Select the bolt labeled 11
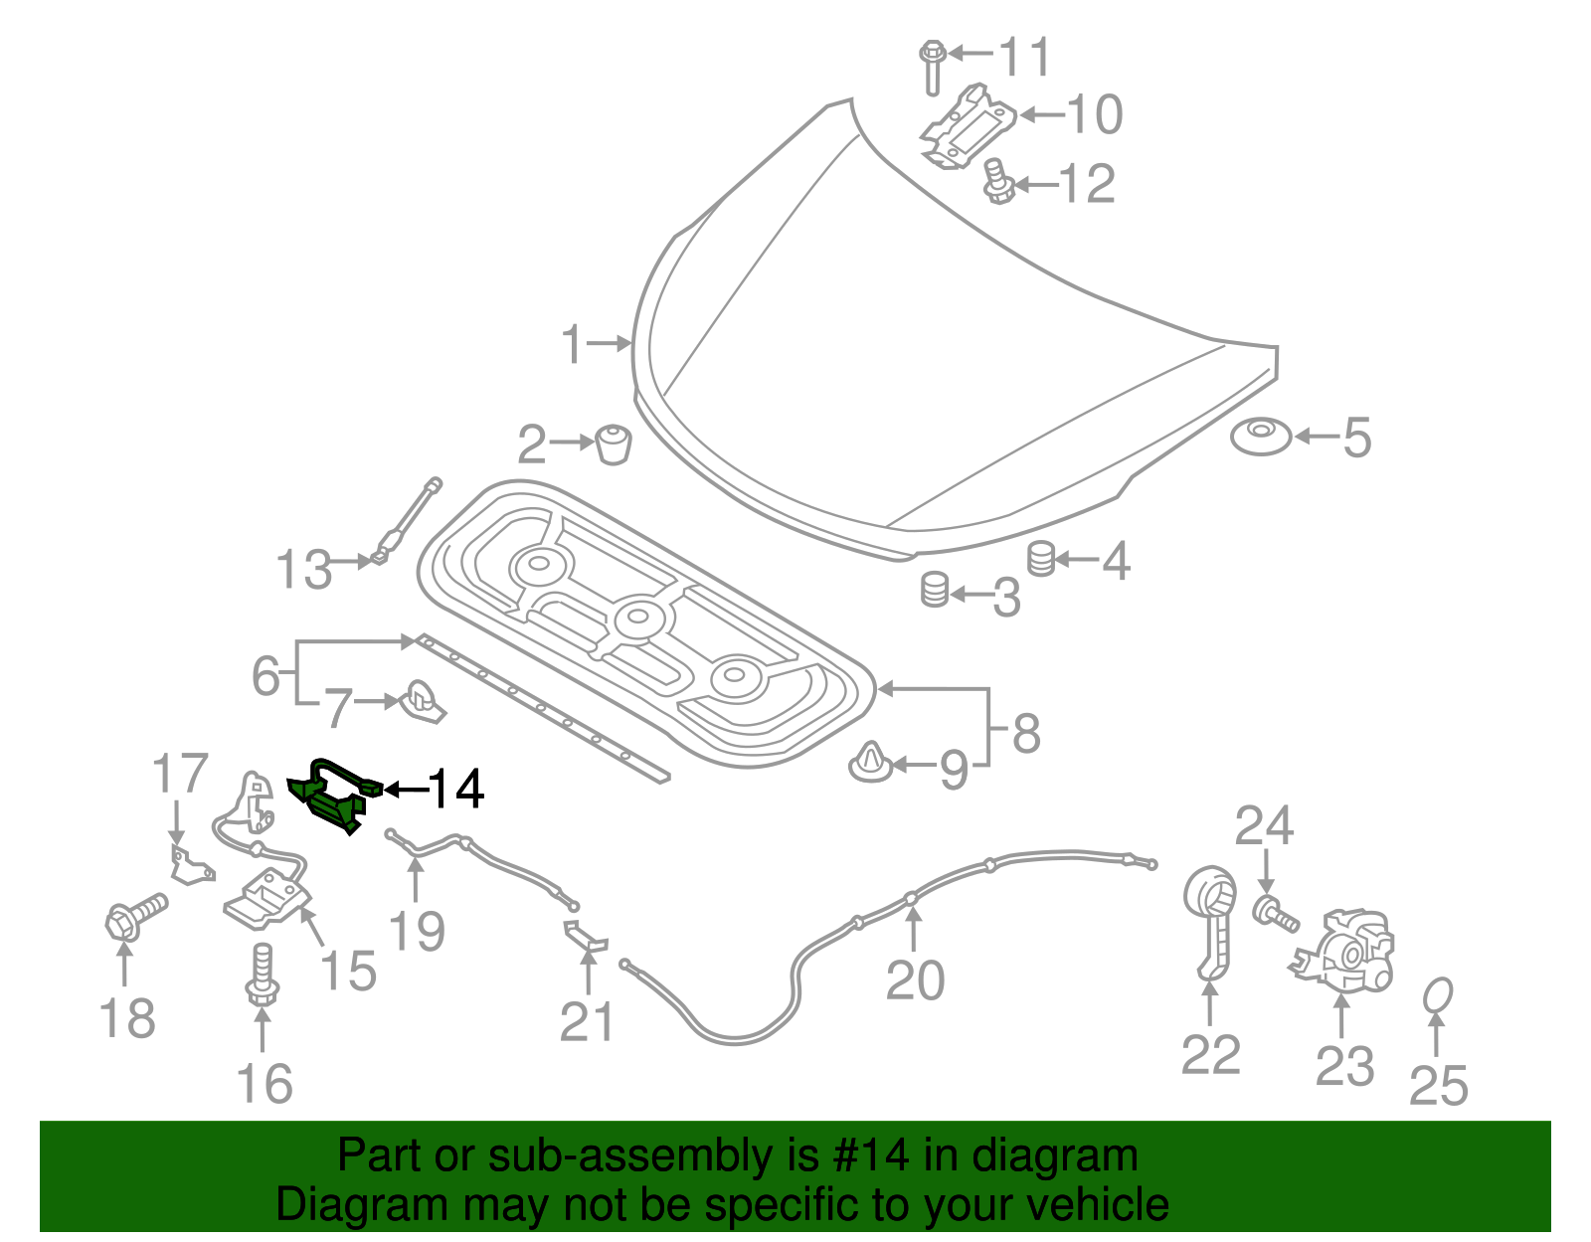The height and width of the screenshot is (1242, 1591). (x=932, y=66)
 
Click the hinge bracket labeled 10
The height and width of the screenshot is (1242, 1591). (x=967, y=125)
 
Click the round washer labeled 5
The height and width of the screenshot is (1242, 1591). (x=1261, y=436)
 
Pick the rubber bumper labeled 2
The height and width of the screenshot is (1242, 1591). (x=614, y=444)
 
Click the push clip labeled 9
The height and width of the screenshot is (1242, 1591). (x=871, y=764)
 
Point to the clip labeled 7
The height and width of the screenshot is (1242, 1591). (x=423, y=701)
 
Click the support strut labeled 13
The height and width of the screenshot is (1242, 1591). (x=407, y=521)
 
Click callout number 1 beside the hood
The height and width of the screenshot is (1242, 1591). (x=572, y=344)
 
